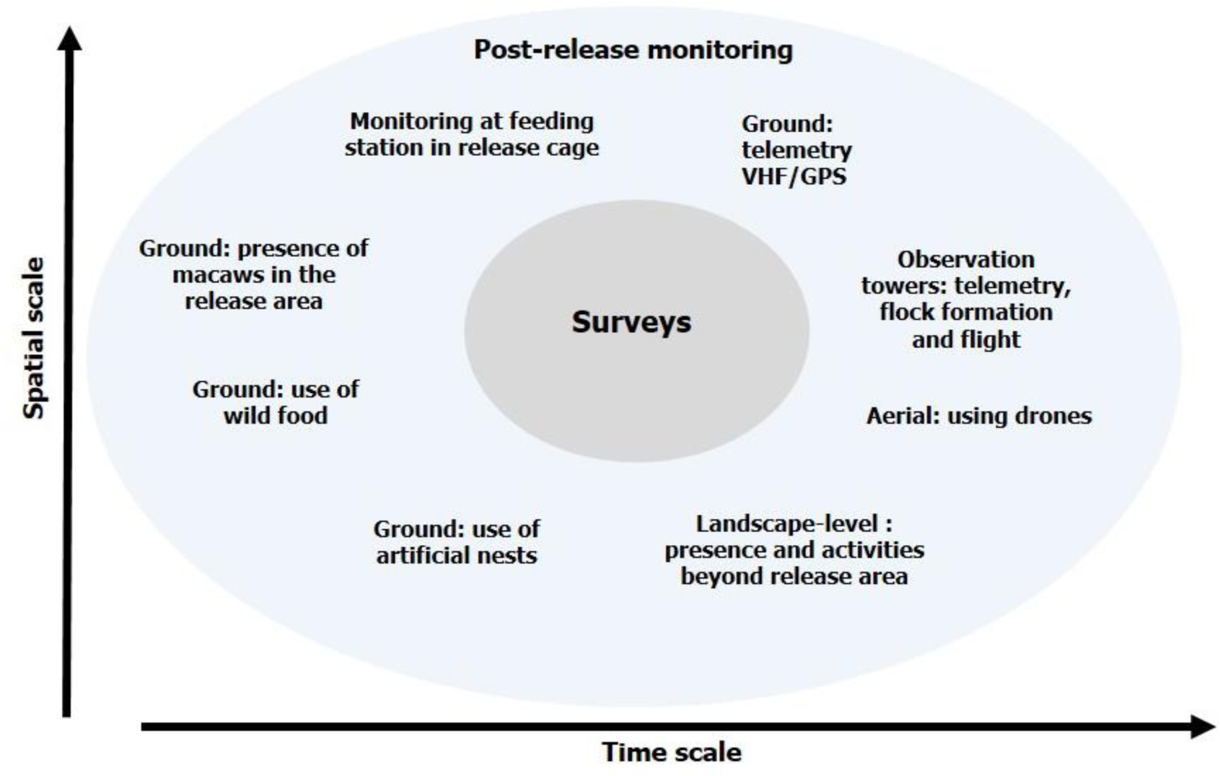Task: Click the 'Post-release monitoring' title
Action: click(x=633, y=50)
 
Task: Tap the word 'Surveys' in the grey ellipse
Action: click(x=631, y=321)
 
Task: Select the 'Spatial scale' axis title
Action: click(x=34, y=338)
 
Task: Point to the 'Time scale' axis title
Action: click(x=672, y=753)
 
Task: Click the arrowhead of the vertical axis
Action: click(x=70, y=38)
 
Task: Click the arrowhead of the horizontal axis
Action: click(x=1203, y=727)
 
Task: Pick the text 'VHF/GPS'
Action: click(x=794, y=177)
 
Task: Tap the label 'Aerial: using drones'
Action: click(x=979, y=417)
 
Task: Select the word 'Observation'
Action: click(x=965, y=259)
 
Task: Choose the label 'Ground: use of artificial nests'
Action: click(x=457, y=542)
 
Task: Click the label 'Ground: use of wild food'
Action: click(x=276, y=403)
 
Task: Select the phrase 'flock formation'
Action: click(x=965, y=313)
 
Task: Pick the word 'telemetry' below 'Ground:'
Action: click(x=796, y=150)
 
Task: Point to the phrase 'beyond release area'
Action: click(x=794, y=577)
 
